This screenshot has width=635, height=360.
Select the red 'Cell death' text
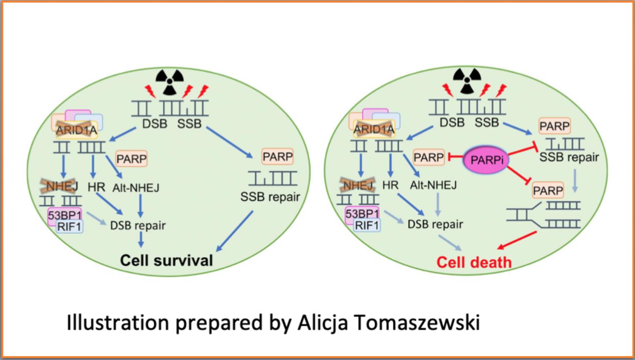[x=474, y=262]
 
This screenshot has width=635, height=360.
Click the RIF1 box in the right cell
[x=367, y=226]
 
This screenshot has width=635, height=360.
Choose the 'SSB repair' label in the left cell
[x=270, y=197]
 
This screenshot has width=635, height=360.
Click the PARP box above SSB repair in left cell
[x=277, y=157]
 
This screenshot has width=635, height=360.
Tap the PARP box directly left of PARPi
[x=429, y=157]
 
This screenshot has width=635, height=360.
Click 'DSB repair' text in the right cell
[x=435, y=224]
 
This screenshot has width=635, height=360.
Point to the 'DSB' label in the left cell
[x=154, y=124]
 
